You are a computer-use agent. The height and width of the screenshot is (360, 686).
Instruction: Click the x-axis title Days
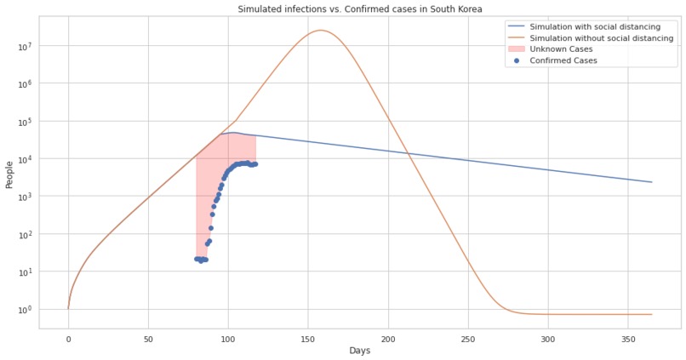(x=359, y=351)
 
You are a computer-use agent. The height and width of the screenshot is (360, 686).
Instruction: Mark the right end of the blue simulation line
(x=652, y=182)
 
